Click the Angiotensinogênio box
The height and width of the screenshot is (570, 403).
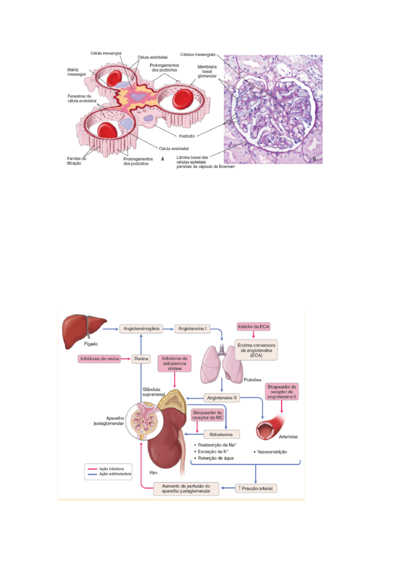pyautogui.click(x=141, y=329)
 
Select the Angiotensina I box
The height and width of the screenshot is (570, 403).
pyautogui.click(x=192, y=329)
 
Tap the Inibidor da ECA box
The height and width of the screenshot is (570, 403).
pyautogui.click(x=253, y=327)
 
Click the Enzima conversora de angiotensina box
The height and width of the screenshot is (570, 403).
pyautogui.click(x=256, y=350)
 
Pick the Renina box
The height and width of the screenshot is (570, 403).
pyautogui.click(x=141, y=359)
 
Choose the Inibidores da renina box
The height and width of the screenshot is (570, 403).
pyautogui.click(x=100, y=359)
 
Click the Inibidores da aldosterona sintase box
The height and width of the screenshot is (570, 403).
pyautogui.click(x=174, y=363)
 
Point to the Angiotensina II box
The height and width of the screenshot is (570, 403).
pyautogui.click(x=221, y=398)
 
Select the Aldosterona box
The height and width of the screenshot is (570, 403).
pyautogui.click(x=221, y=434)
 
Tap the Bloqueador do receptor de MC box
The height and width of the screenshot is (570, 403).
pyautogui.click(x=207, y=415)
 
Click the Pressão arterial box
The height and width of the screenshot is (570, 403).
pyautogui.click(x=256, y=488)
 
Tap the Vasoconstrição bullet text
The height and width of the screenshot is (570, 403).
pyautogui.click(x=270, y=452)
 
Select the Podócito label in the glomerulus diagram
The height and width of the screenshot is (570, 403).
pyautogui.click(x=187, y=136)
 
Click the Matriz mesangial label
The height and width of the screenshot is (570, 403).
pyautogui.click(x=77, y=72)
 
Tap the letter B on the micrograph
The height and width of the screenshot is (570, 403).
pyautogui.click(x=314, y=159)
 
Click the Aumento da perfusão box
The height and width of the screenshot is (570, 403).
pyautogui.click(x=186, y=489)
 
